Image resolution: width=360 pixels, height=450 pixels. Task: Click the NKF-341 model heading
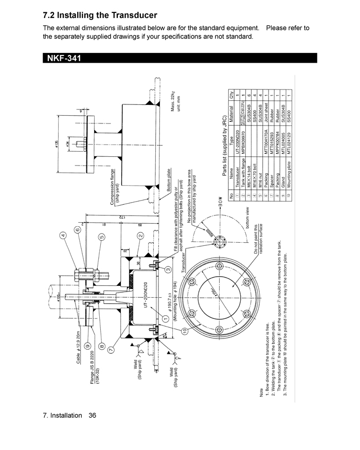click(63, 58)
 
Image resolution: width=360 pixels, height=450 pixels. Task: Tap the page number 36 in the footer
click(93, 415)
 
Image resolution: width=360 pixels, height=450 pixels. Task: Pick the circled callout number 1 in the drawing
click(166, 318)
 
